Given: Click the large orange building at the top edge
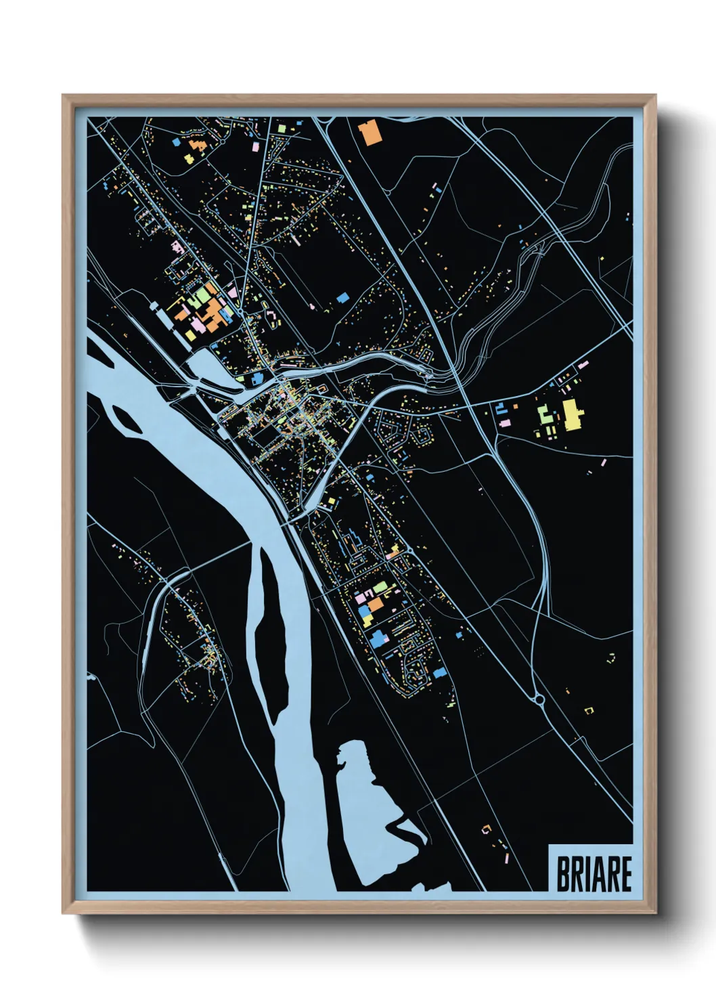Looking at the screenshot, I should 370,133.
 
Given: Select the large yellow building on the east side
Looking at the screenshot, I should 573,414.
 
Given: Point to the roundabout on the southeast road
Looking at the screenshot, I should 539,699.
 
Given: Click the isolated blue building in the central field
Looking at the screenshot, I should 342,297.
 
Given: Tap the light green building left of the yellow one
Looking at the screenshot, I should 545,414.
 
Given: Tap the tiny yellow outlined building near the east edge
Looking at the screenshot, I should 588,710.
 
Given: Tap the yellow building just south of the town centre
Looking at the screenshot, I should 332,501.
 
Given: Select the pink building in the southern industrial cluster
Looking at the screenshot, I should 361,598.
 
